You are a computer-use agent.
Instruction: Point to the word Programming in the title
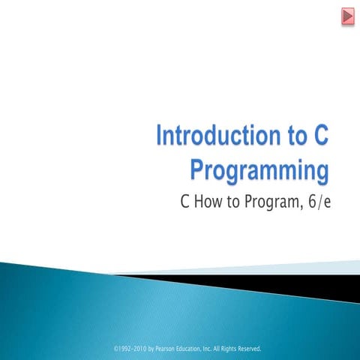259,169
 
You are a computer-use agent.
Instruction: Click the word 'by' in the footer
151,349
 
